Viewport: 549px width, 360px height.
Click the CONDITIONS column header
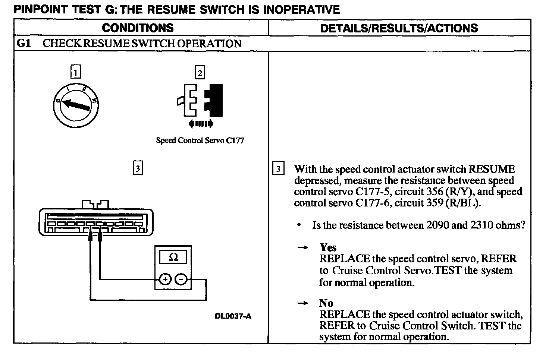click(138, 28)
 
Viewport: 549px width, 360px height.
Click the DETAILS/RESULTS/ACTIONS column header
click(399, 28)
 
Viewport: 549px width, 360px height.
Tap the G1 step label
click(23, 44)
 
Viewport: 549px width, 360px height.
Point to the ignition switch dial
click(76, 105)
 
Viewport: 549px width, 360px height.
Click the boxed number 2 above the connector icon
click(200, 72)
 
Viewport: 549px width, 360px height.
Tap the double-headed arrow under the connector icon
click(201, 124)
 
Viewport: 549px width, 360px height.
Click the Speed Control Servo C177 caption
click(200, 140)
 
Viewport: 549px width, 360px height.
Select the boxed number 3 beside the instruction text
click(278, 169)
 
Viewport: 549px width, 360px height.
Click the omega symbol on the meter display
click(173, 257)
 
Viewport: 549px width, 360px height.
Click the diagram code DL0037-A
click(233, 316)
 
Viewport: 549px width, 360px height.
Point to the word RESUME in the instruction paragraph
click(492, 169)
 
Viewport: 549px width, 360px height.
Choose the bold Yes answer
click(328, 247)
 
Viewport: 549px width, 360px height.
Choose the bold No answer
click(326, 303)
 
